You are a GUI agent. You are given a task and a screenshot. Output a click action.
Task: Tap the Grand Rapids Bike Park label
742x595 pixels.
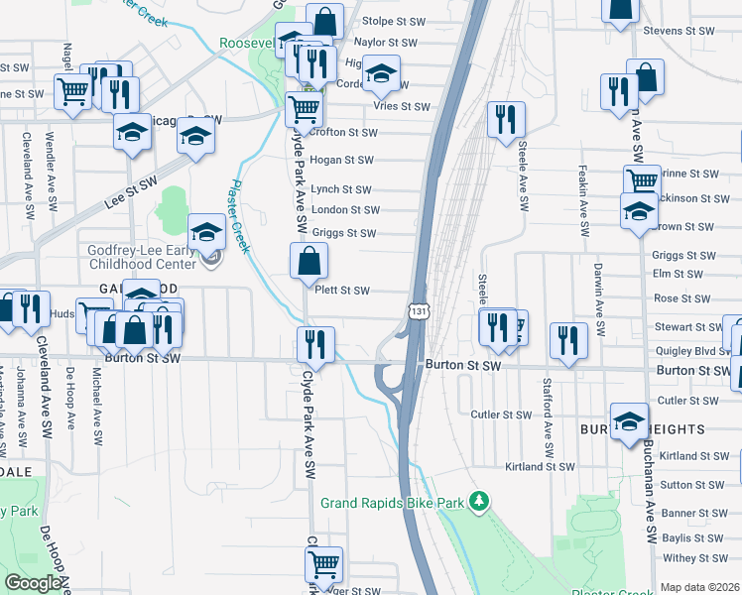tap(392, 503)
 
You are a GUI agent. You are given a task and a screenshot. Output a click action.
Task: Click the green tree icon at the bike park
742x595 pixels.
tap(479, 501)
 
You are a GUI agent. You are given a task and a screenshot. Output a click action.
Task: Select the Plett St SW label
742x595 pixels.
tap(341, 291)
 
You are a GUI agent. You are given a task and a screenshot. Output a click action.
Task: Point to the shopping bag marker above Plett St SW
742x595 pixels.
tap(309, 262)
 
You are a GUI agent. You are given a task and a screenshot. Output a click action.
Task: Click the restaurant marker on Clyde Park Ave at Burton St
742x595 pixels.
tap(315, 345)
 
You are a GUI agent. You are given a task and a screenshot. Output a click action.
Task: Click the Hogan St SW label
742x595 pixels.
tap(341, 160)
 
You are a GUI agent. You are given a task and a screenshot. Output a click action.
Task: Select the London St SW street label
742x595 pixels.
tap(345, 210)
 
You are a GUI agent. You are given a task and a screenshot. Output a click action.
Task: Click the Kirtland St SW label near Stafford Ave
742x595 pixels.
tap(540, 466)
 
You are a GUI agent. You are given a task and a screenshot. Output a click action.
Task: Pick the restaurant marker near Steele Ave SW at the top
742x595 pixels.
tap(506, 120)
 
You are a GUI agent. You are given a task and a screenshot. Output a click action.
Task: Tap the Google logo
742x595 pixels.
tap(33, 583)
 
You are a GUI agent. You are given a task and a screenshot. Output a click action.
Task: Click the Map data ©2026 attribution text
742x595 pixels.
tap(700, 587)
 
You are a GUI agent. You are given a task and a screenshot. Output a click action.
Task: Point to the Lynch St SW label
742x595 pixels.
tap(340, 189)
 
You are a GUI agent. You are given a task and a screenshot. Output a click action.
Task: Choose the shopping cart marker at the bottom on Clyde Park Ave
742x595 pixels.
tap(323, 564)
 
